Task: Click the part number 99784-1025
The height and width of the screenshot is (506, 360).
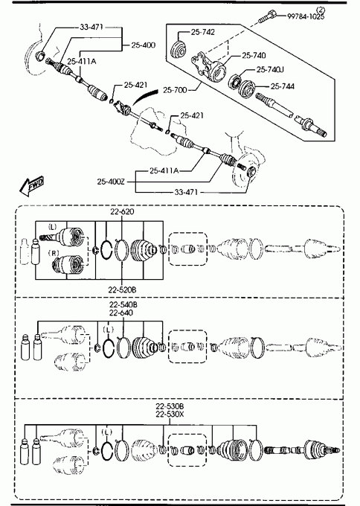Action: [x=306, y=16]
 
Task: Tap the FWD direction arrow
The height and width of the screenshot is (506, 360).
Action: [x=31, y=186]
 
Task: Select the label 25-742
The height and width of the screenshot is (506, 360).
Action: [x=202, y=32]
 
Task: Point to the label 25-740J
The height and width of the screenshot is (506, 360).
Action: [x=270, y=69]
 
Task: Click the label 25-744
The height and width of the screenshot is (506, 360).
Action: [x=282, y=86]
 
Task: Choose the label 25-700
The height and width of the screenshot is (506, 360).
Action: [x=175, y=90]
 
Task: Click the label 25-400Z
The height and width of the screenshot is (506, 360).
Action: [x=111, y=182]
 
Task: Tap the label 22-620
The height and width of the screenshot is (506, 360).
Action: [x=122, y=211]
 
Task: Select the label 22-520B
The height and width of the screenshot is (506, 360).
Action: [x=122, y=289]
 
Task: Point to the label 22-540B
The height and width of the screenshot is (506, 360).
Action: [x=123, y=304]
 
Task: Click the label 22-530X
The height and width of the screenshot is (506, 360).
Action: [x=170, y=414]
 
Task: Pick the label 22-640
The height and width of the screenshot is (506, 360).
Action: [x=121, y=313]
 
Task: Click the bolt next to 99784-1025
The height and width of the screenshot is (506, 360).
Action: [x=267, y=16]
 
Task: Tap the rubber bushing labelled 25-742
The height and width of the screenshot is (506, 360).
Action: [x=178, y=50]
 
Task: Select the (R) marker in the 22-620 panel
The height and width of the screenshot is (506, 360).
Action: [x=54, y=253]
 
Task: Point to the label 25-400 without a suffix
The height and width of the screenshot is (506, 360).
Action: [x=144, y=45]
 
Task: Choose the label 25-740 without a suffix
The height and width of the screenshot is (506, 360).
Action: [x=254, y=56]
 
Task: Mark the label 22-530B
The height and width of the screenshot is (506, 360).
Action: [x=170, y=406]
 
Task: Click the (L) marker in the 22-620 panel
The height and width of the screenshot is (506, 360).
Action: [x=52, y=227]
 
